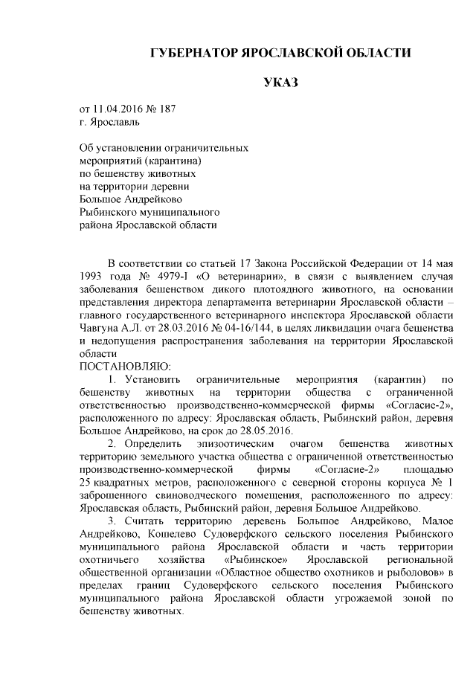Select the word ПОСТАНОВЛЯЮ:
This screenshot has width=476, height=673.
pyautogui.click(x=124, y=367)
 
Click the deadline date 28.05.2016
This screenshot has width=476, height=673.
pyautogui.click(x=268, y=431)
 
